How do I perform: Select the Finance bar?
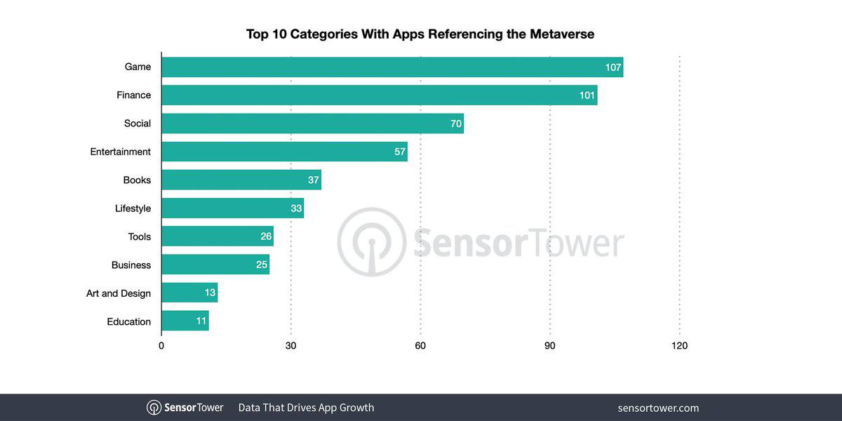pyautogui.click(x=379, y=95)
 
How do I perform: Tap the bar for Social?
pyautogui.click(x=312, y=123)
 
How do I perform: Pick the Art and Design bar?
pyautogui.click(x=189, y=293)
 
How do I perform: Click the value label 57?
pyautogui.click(x=400, y=152)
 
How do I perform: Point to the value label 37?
pyautogui.click(x=313, y=180)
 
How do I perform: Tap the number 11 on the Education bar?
pyautogui.click(x=201, y=321)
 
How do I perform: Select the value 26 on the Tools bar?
pyautogui.click(x=266, y=236)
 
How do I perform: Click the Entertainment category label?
pyautogui.click(x=120, y=152)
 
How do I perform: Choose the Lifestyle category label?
pyautogui.click(x=133, y=208)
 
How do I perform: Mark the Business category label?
pyautogui.click(x=131, y=265)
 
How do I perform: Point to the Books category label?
pyautogui.click(x=137, y=180)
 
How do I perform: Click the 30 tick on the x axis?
pyautogui.click(x=291, y=345)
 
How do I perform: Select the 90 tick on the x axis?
pyautogui.click(x=550, y=345)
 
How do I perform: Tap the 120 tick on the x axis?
pyautogui.click(x=679, y=345)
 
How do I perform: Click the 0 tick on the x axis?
pyautogui.click(x=161, y=345)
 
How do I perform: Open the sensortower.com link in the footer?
pyautogui.click(x=658, y=408)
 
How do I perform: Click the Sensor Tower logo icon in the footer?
pyautogui.click(x=154, y=408)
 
